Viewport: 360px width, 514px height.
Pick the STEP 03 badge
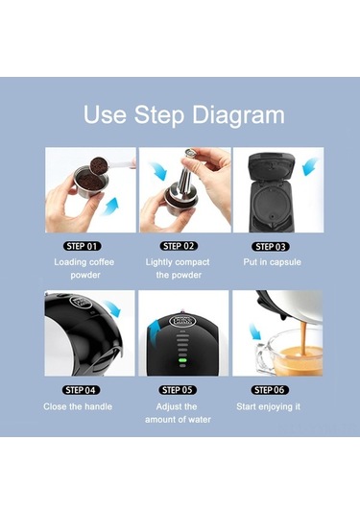(277, 245)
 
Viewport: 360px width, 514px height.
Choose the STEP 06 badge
(277, 389)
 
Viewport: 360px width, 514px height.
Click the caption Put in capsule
(277, 261)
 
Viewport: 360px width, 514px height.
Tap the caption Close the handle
(78, 406)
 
